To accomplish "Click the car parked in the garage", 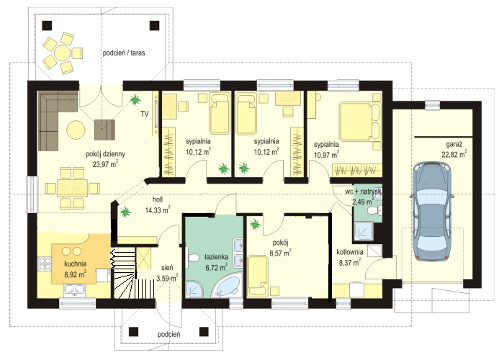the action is point(431,210).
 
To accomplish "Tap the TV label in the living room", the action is point(145,114).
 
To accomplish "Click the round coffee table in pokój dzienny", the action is point(76,130).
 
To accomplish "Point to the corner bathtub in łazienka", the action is point(226,286).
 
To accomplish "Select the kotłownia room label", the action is point(350,252).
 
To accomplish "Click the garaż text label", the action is point(454,144).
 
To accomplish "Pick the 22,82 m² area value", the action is point(454,154).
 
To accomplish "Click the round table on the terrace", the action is point(62,53).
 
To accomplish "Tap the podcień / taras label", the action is point(124,53).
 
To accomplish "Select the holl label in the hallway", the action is point(158,199).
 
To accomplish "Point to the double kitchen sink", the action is point(75,290).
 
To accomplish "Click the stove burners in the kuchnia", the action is point(45,264).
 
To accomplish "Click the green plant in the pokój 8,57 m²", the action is point(255,225).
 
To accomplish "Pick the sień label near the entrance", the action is point(168,267).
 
